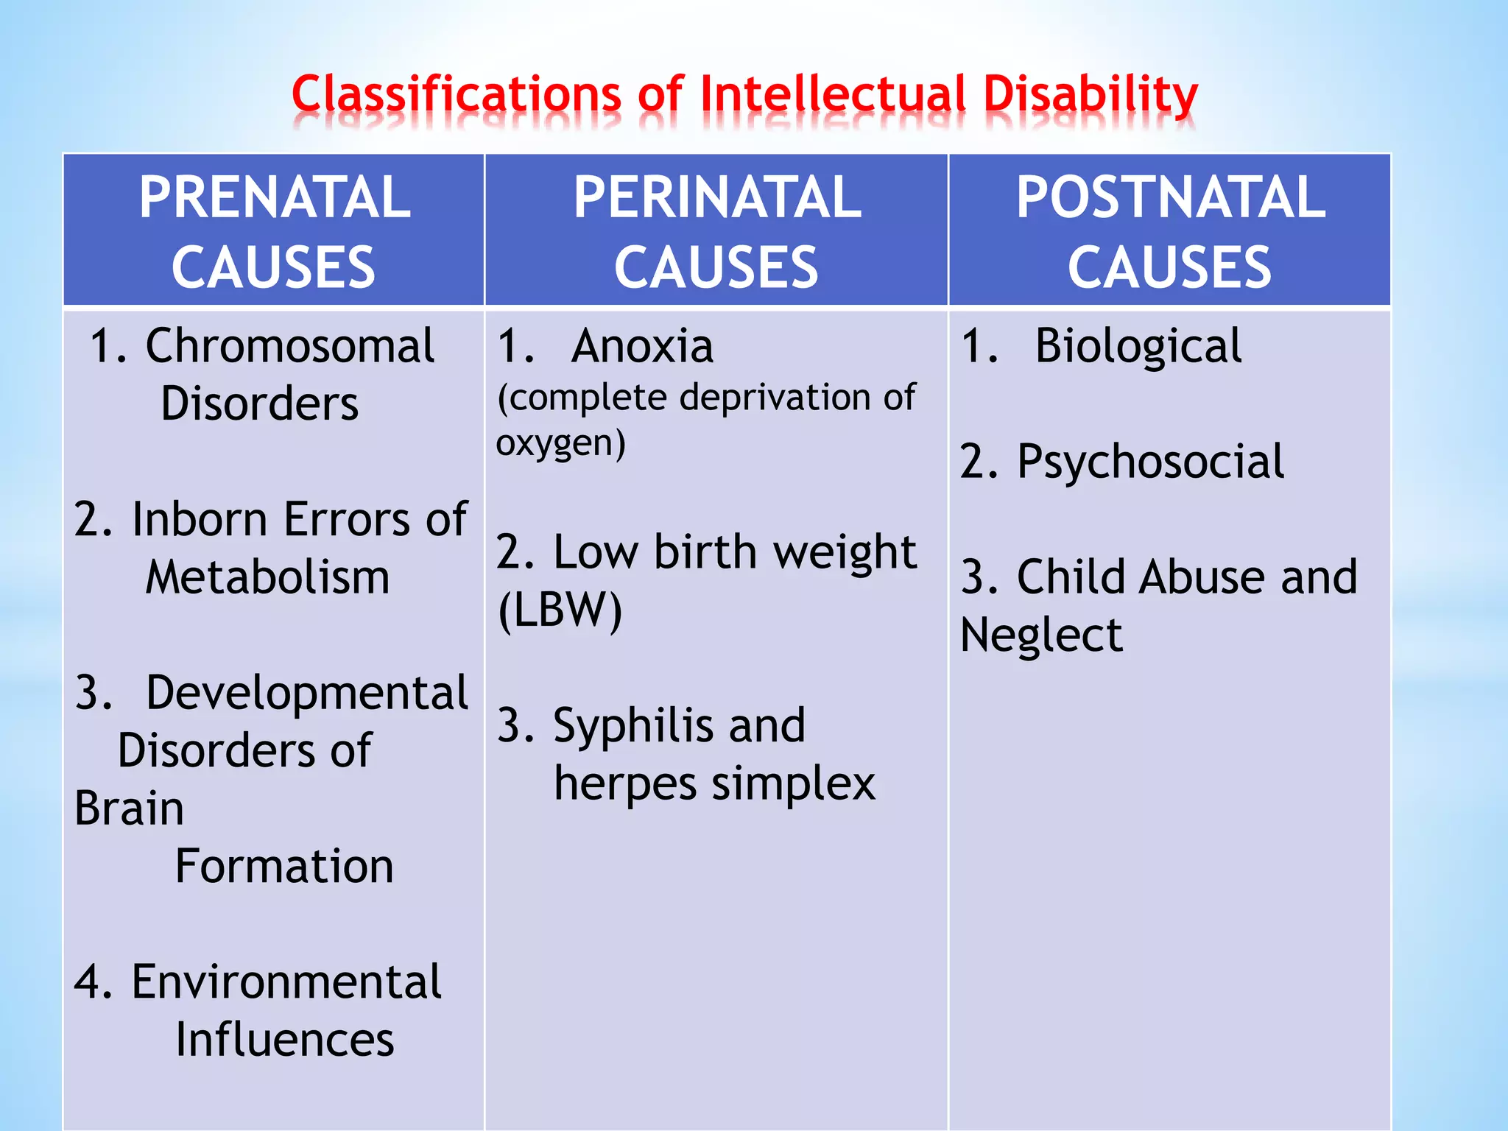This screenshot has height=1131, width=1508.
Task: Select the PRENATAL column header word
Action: point(275,197)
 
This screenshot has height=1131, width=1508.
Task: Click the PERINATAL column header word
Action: point(717,197)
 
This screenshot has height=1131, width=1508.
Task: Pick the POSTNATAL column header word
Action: point(1171,197)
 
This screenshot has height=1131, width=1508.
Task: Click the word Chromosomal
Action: point(289,346)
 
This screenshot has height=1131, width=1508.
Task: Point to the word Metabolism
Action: point(267,577)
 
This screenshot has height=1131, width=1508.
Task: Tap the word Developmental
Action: point(306,693)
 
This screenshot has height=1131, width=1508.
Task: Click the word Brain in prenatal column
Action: point(129,808)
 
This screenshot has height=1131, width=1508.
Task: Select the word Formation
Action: point(284,866)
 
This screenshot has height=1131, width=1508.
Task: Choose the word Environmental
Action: point(286,982)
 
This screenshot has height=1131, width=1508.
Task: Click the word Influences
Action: point(284,1040)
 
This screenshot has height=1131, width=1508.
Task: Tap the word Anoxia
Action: point(642,346)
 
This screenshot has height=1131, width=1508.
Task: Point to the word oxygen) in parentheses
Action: point(560,443)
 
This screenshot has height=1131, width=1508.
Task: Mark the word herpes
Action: point(624,783)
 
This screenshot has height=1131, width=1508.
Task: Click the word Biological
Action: point(1138,346)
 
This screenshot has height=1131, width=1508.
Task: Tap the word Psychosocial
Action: point(1150,462)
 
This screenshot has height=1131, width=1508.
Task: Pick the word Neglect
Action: point(1041,635)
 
